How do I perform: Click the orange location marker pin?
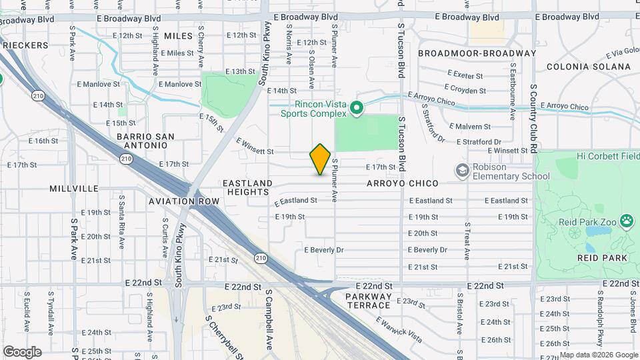point(321,159)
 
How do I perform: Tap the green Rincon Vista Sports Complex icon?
point(357,107)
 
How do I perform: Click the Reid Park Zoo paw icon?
point(626,220)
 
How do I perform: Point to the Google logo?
point(21,351)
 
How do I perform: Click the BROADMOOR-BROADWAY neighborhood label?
point(477,53)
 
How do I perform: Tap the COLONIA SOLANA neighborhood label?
point(588,67)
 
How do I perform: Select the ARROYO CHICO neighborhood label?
point(402,183)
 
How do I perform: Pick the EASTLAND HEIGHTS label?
point(247,187)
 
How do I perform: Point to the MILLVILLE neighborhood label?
point(73,189)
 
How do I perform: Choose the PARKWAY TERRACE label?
point(368,300)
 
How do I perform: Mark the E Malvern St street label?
point(470,126)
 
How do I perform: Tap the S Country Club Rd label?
point(533,109)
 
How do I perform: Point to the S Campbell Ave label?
point(269,321)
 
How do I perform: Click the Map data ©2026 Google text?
point(598,355)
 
